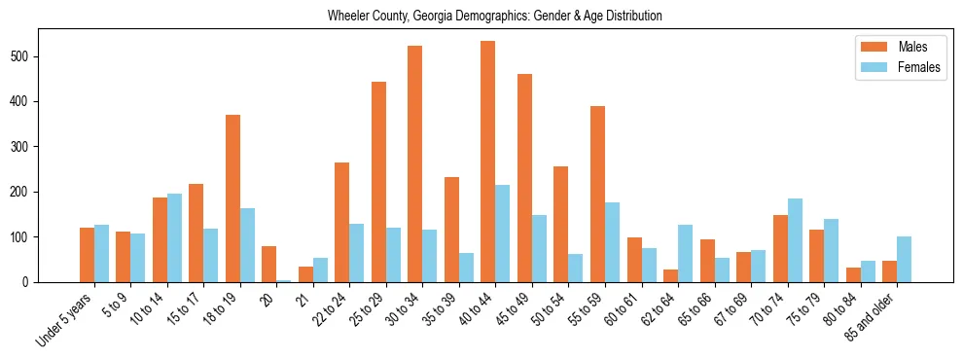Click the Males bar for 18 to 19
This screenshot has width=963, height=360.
(232, 198)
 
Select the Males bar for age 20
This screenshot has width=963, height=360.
(269, 264)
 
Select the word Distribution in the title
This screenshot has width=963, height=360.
(630, 17)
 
